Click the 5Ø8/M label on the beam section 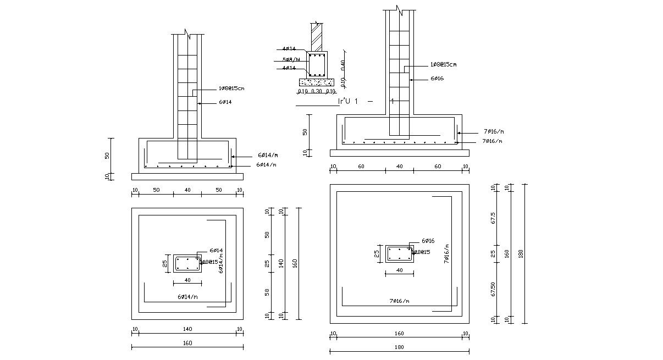pos(291,59)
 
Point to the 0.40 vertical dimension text pos(343,65)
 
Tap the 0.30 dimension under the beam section pos(316,91)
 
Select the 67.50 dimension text pos(493,289)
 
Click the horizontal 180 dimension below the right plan pos(399,347)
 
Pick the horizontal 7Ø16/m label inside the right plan pos(400,301)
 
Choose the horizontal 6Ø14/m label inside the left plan pos(187,296)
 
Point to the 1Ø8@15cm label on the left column pos(231,88)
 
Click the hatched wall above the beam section pos(317,38)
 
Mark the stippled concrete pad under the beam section pos(316,82)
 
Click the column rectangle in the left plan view pos(187,263)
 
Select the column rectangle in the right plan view pos(399,253)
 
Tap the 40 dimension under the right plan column pos(399,270)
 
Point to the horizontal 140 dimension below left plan pos(187,329)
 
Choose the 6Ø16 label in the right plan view pos(428,241)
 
